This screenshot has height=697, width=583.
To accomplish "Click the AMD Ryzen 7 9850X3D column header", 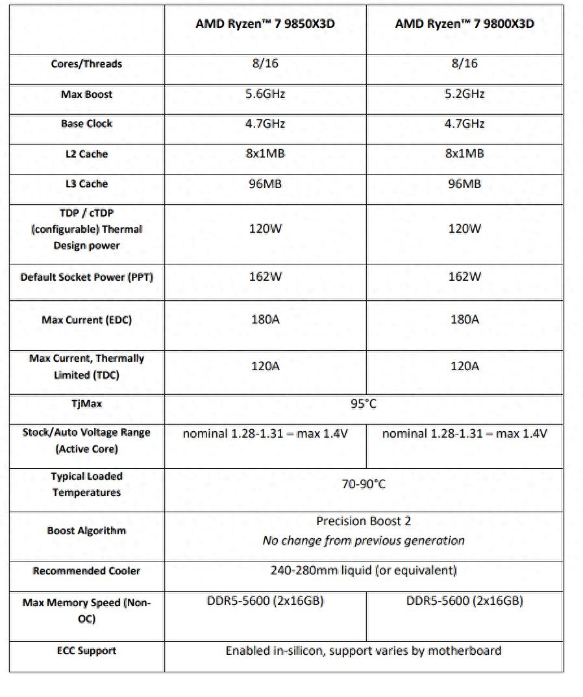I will (x=265, y=24).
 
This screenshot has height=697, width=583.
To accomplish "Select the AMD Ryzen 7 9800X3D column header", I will (x=464, y=24).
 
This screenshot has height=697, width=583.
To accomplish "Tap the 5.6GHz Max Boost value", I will (x=265, y=94).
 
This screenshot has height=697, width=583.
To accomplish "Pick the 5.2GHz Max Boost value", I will (x=464, y=94).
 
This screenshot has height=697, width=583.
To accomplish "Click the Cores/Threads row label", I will (x=86, y=64).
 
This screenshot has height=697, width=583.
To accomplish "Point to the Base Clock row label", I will (x=86, y=123).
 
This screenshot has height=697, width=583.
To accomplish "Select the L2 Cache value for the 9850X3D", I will (x=265, y=154).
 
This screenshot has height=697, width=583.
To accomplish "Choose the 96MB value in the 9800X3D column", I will (x=464, y=183).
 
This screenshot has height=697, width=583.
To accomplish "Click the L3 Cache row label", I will (x=86, y=183).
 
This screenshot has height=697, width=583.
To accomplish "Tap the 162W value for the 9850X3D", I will (x=265, y=277).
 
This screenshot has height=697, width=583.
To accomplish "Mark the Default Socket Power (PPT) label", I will (x=86, y=277).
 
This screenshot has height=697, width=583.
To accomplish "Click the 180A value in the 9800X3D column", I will (x=464, y=320).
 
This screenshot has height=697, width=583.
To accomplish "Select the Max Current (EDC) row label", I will (x=86, y=320).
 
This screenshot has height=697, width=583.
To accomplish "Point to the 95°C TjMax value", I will (x=364, y=404).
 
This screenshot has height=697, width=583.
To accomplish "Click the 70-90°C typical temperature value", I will (x=364, y=484).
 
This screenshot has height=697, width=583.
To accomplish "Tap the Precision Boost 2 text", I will (x=364, y=521).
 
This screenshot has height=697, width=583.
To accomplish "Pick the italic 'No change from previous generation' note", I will (x=364, y=541).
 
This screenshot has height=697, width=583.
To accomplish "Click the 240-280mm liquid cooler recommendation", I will (x=364, y=571).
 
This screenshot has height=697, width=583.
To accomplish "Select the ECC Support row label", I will (x=86, y=650).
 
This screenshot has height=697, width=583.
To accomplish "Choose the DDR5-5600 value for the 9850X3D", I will (x=265, y=601).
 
